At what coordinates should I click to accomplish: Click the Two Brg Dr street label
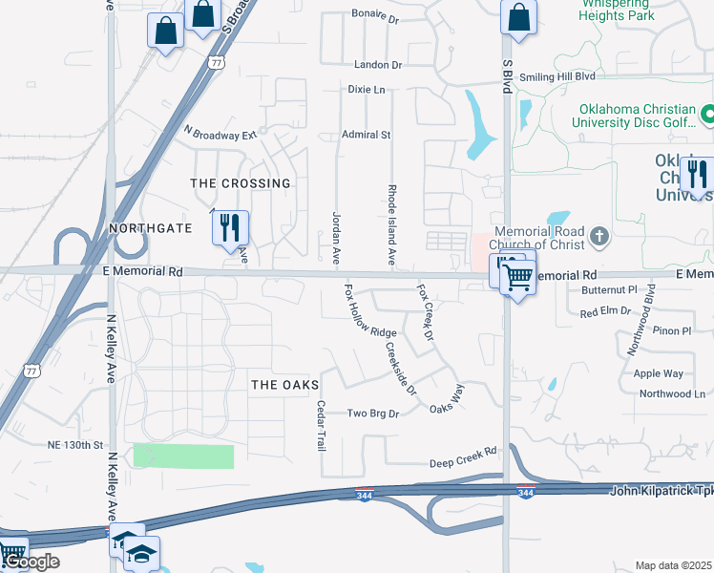[x=371, y=414]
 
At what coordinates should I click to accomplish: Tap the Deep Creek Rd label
[x=463, y=463]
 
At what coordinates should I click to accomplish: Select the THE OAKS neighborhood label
[x=283, y=384]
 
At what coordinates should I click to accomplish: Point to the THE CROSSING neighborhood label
[x=240, y=182]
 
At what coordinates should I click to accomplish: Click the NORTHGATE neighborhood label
[x=151, y=228]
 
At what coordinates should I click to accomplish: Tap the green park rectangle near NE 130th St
[x=183, y=456]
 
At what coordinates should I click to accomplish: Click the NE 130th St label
[x=74, y=445]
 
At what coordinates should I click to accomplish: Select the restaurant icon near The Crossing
[x=230, y=227]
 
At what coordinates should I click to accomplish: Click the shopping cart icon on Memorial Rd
[x=517, y=278]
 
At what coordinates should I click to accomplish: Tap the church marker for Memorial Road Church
[x=598, y=235]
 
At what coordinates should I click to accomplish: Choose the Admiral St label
[x=367, y=135]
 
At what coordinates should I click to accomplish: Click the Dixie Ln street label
[x=367, y=90]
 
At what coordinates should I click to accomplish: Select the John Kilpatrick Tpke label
[x=661, y=490]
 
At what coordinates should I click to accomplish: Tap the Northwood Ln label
[x=672, y=393]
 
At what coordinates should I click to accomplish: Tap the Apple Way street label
[x=659, y=373]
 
